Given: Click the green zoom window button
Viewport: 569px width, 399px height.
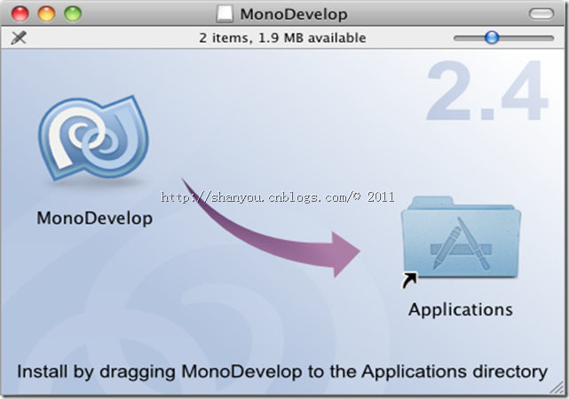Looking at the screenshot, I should point(72,14).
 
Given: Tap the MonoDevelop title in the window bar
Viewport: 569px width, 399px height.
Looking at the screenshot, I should point(293,14).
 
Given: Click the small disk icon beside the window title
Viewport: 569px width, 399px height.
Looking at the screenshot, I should point(225,14).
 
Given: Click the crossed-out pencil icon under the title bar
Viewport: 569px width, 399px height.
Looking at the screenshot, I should point(19,38).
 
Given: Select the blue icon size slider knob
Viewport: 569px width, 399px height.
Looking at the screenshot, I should point(491,37).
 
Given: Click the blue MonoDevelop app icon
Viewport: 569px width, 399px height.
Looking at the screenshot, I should point(94,141).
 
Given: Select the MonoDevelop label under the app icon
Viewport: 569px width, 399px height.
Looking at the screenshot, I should point(95,219).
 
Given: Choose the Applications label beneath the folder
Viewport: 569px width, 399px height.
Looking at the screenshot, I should point(461,310).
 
